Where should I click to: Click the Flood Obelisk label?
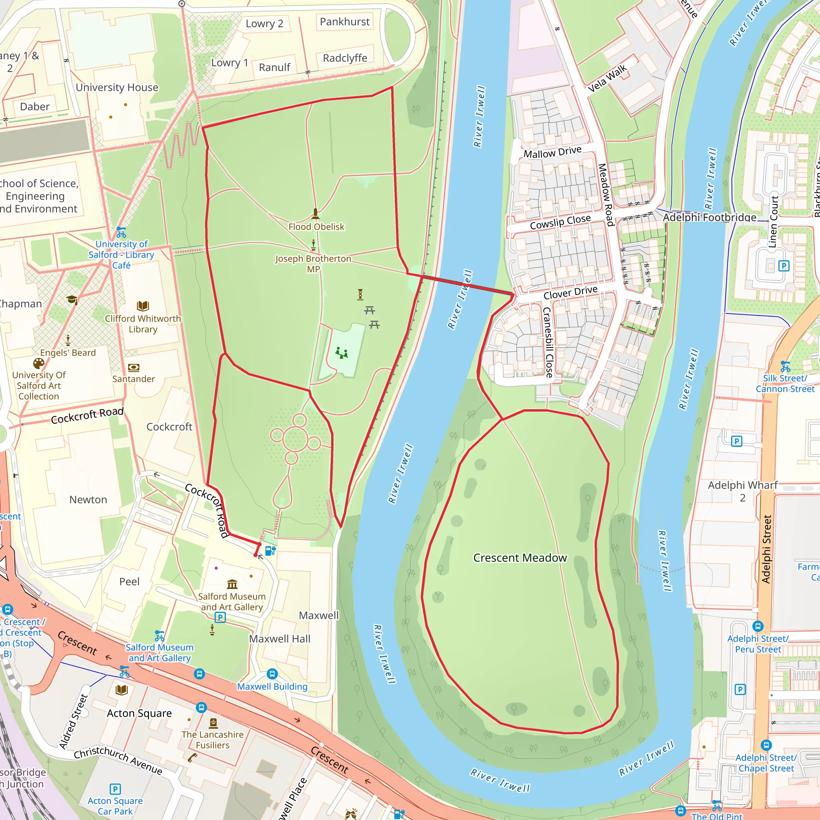[316, 227]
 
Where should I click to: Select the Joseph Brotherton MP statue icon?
[313, 245]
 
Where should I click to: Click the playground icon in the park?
[341, 353]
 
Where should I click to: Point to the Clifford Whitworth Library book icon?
[143, 306]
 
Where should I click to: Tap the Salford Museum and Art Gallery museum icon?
[232, 585]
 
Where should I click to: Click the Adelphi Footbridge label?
[709, 217]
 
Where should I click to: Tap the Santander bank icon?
[133, 368]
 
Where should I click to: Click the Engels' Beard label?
[68, 353]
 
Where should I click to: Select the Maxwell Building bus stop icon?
[272, 673]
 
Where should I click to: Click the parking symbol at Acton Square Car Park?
[115, 789]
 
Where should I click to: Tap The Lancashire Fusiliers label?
[212, 740]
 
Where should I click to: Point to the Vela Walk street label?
[607, 78]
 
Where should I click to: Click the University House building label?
[117, 87]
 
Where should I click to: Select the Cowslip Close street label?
[560, 222]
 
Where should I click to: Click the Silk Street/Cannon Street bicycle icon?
[785, 366]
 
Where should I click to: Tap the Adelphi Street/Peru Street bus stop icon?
[758, 626]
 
